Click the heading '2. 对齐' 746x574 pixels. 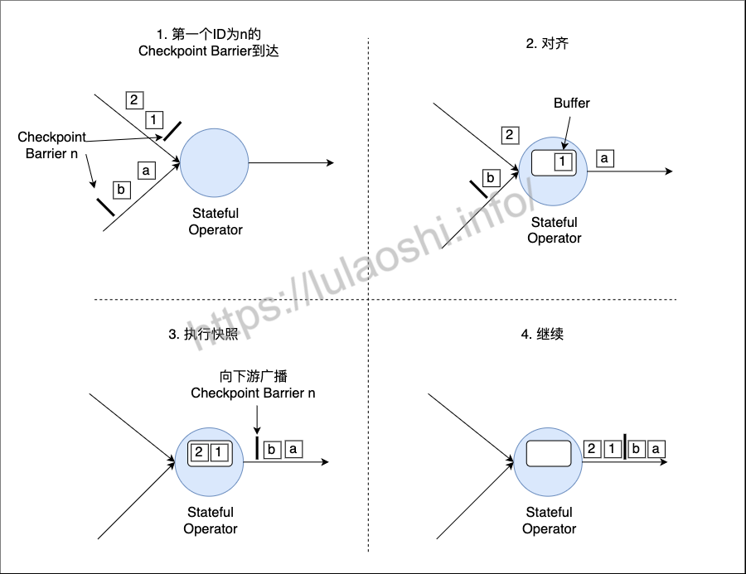tap(547, 44)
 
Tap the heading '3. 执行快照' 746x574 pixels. tap(203, 334)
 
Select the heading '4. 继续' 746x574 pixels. tap(542, 334)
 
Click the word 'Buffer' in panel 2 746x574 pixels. tap(571, 104)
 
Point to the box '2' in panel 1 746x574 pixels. tap(134, 100)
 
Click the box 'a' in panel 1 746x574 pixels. tap(147, 171)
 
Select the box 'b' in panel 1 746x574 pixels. tap(121, 190)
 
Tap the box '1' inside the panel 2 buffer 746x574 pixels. tap(563, 162)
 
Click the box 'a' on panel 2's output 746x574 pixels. tap(605, 158)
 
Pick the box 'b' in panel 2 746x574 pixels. tap(491, 178)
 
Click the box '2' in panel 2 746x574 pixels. tap(510, 135)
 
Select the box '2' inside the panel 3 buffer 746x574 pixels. tap(199, 451)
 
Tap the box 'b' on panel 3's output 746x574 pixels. tap(272, 450)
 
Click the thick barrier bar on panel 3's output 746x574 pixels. tap(257, 448)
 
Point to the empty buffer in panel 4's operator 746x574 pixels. tap(549, 453)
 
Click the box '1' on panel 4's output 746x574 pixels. tap(613, 448)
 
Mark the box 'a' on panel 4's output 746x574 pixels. tap(656, 448)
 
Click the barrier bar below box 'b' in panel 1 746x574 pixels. tap(105, 207)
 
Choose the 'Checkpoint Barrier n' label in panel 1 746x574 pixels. tap(51, 145)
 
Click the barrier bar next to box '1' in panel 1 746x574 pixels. tap(172, 131)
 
